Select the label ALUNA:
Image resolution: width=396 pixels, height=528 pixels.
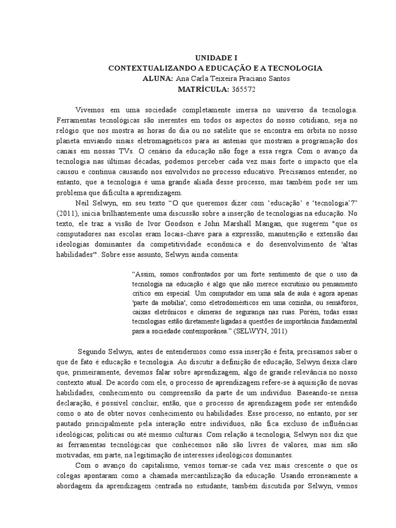[158, 78]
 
